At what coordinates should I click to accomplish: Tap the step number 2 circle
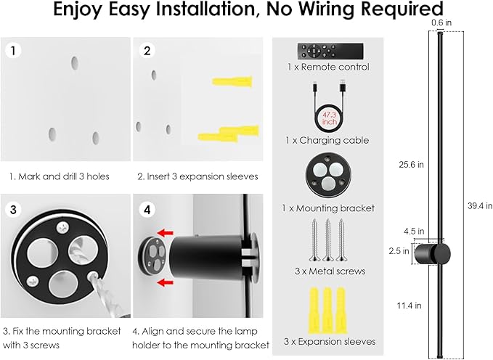[x=147, y=51]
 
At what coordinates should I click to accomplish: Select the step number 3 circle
[x=12, y=210]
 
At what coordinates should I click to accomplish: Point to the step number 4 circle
[x=147, y=210]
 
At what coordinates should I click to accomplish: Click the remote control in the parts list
[x=328, y=52]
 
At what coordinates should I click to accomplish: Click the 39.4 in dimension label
[x=480, y=205]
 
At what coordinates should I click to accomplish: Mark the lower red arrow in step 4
[x=167, y=280]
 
